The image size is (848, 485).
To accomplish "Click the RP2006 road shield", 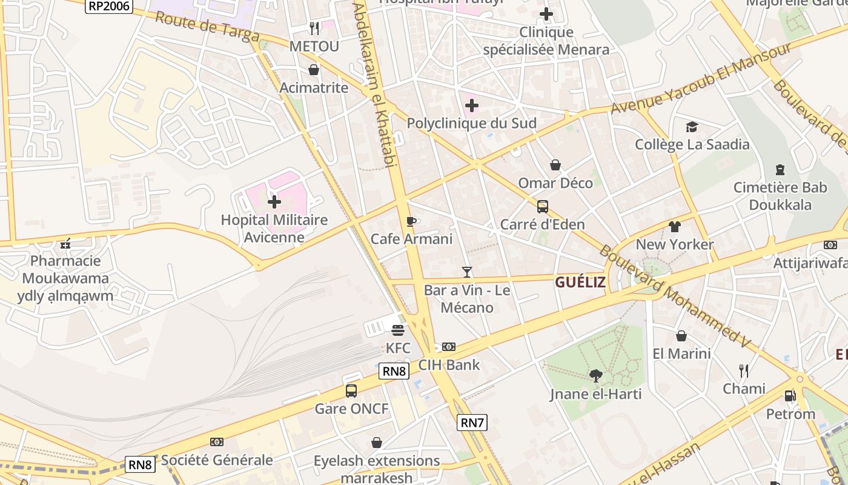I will click(x=108, y=5).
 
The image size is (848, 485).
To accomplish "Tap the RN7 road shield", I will click(x=472, y=423).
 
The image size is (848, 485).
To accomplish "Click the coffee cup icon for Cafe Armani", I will click(x=411, y=221).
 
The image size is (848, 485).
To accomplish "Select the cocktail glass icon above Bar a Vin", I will click(x=466, y=272).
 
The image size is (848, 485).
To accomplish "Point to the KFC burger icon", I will click(x=398, y=330).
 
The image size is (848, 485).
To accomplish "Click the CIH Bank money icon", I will click(x=448, y=347).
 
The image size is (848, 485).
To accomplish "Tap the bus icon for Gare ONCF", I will click(x=351, y=390).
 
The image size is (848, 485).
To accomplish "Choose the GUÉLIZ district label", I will click(x=580, y=282).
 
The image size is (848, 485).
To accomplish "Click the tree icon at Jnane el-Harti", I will click(x=595, y=376).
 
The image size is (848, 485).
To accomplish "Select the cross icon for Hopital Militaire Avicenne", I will click(x=274, y=201).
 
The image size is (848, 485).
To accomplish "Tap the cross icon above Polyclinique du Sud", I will click(x=471, y=105).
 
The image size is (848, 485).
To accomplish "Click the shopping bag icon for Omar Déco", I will click(x=555, y=165).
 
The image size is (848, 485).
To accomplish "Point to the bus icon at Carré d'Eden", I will click(x=542, y=207).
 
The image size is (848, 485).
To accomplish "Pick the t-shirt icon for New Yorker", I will click(x=675, y=227).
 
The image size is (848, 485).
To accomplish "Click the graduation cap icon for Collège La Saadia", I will click(x=692, y=127).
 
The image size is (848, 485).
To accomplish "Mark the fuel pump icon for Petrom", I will click(x=790, y=396).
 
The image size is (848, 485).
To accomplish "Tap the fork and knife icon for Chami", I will click(x=744, y=370).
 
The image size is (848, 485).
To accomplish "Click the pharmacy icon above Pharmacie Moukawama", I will click(x=65, y=244).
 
